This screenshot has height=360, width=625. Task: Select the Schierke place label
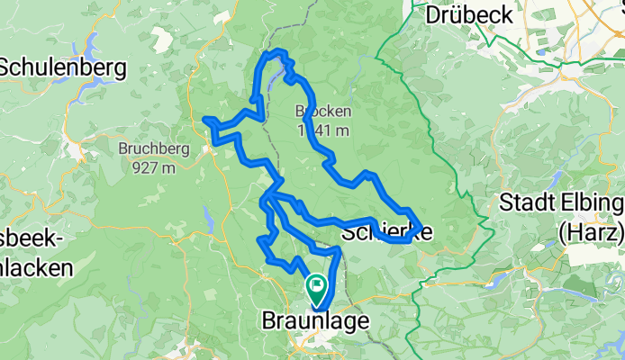pyautogui.click(x=386, y=232)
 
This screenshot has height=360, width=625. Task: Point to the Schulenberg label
pyautogui.click(x=63, y=67)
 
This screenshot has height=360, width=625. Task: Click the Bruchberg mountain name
pyautogui.click(x=151, y=148)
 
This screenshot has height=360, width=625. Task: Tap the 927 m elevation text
pyautogui.click(x=151, y=167)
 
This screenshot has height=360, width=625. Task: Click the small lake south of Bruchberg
pyautogui.click(x=208, y=216)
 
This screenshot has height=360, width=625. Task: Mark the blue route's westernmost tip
pyautogui.click(x=205, y=119)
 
